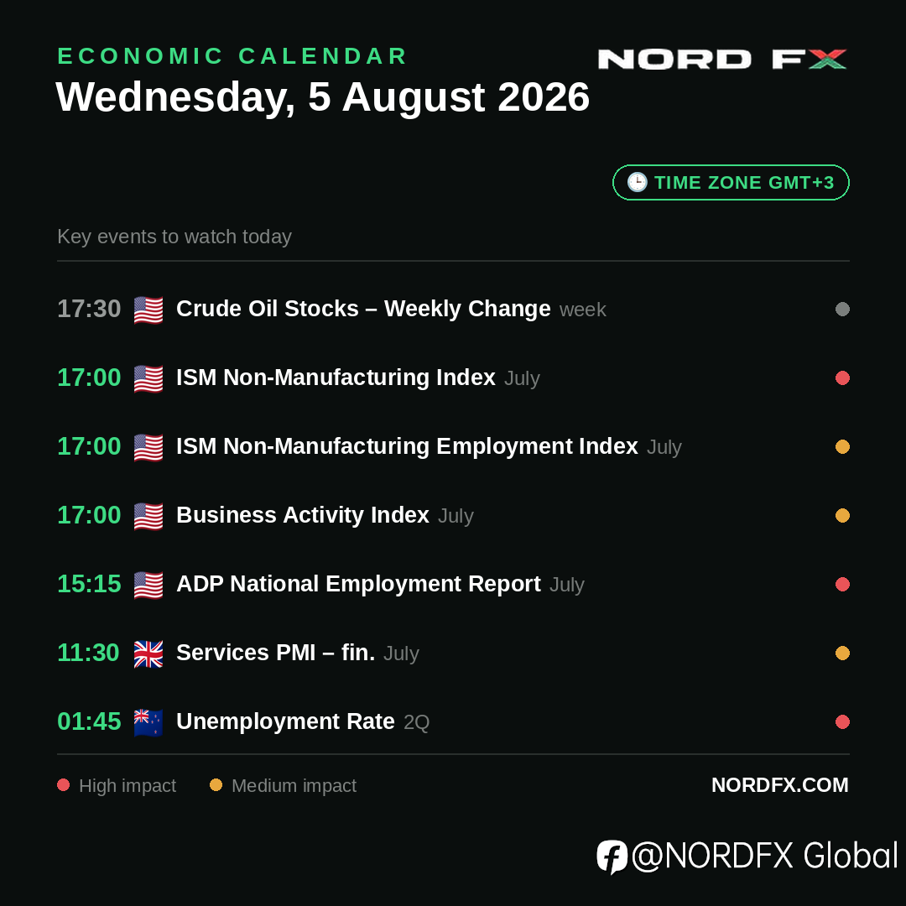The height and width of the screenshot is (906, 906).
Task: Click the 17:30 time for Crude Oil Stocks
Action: [89, 309]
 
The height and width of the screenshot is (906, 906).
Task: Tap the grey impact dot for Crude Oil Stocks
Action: [842, 309]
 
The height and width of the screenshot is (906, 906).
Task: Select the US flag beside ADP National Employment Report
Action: [148, 585]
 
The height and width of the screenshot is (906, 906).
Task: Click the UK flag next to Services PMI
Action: [148, 653]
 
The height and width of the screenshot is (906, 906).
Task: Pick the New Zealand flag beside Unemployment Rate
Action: [148, 722]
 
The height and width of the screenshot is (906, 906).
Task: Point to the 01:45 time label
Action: [89, 721]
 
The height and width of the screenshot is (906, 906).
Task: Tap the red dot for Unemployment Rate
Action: [842, 721]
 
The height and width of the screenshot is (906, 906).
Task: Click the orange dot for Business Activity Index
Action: [842, 515]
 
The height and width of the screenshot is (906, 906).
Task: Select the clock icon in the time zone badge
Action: [638, 182]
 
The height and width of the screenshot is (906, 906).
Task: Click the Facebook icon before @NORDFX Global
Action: [612, 857]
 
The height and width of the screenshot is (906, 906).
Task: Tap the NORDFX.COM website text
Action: [780, 784]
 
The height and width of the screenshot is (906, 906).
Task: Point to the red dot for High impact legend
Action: [64, 784]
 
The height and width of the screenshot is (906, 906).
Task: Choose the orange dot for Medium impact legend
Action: [216, 784]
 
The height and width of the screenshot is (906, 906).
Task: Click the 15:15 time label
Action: [89, 584]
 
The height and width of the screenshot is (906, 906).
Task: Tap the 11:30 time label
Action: [88, 653]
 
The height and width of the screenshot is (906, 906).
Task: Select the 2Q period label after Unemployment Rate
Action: [417, 722]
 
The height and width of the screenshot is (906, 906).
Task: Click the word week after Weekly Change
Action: [583, 310]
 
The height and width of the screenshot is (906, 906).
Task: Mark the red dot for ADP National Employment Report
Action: [842, 584]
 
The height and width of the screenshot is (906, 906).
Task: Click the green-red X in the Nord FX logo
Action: [827, 59]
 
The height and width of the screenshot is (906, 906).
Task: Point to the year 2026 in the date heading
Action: [543, 96]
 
